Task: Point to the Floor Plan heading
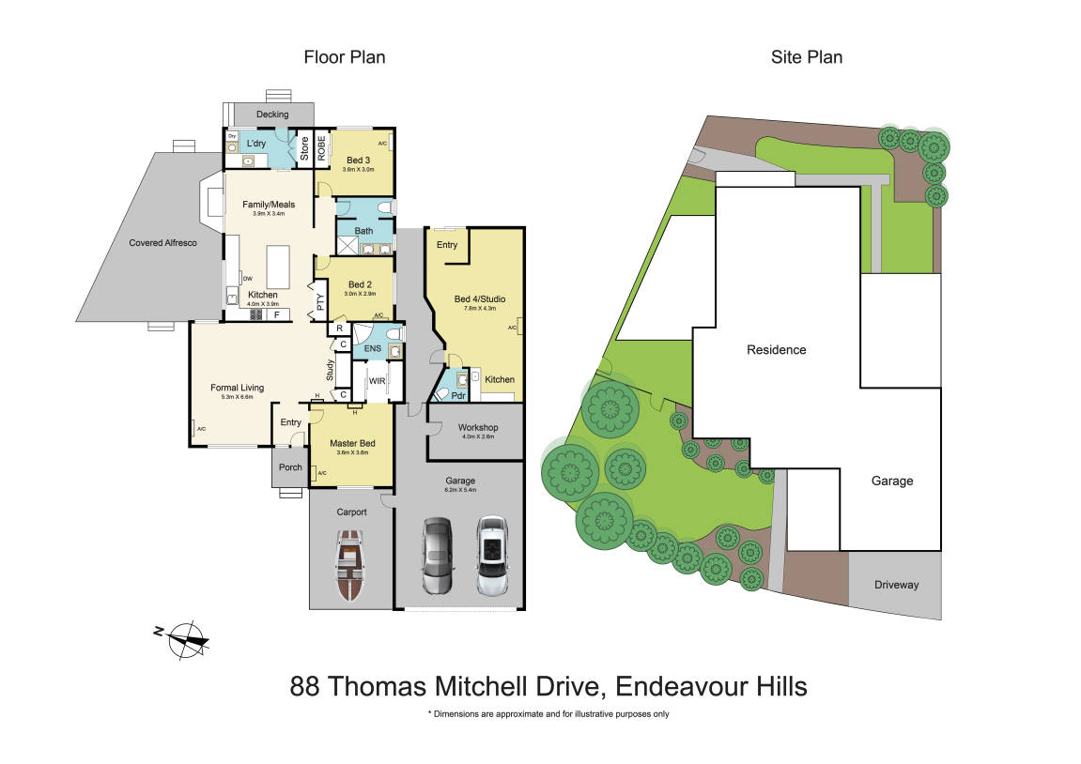pos(344,57)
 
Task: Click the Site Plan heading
pos(806,57)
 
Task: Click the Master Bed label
pos(352,443)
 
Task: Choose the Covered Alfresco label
pos(162,243)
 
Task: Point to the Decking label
pos(272,115)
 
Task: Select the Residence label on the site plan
pos(776,350)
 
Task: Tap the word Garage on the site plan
pos(891,481)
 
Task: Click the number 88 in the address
pos(304,687)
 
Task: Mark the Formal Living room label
pos(237,387)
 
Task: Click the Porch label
pos(290,467)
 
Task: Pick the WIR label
pos(377,381)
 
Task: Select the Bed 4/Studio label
pos(474,300)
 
